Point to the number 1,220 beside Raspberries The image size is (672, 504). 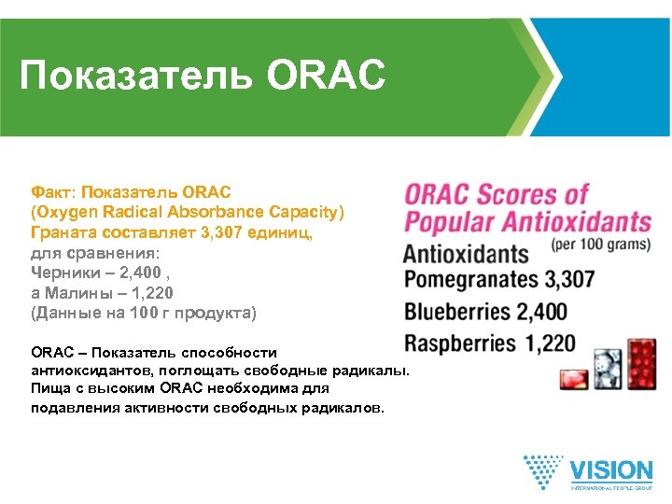pos(550,343)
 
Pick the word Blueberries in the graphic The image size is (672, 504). pos(457,311)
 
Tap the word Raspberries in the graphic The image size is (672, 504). pos(460,343)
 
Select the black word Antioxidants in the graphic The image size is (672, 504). pos(465,253)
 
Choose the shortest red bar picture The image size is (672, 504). pos(569,379)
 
